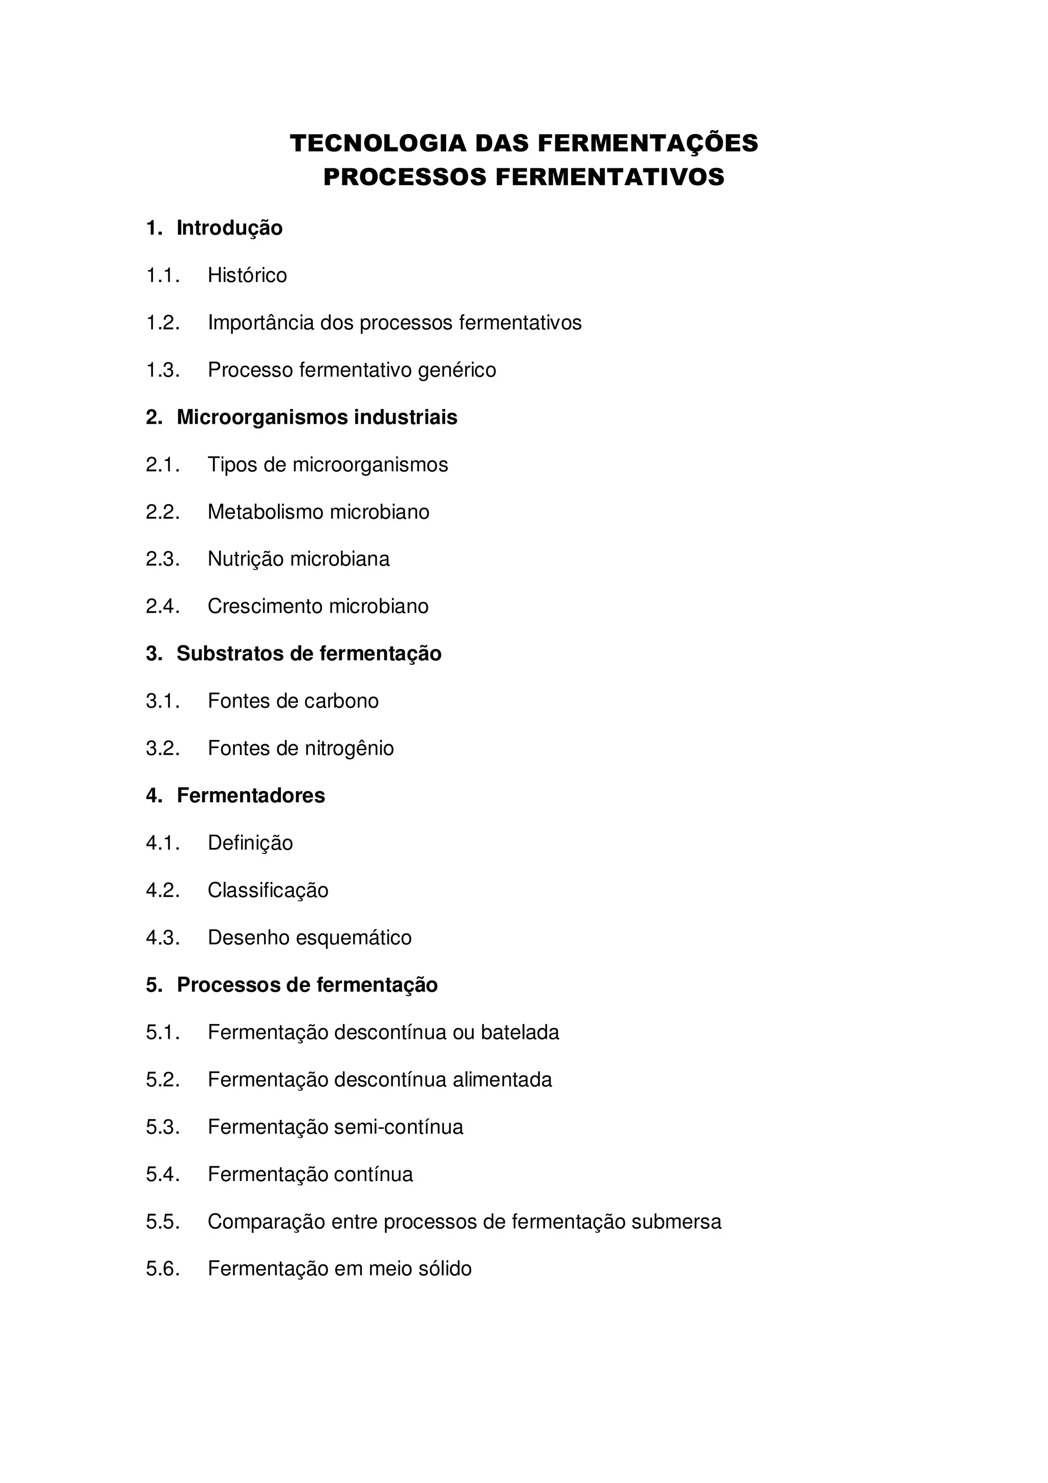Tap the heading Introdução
(x=229, y=228)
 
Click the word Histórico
(x=247, y=276)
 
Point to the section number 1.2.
(x=163, y=323)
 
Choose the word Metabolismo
(x=265, y=512)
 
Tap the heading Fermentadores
(x=251, y=796)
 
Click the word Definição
(x=250, y=843)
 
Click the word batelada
(x=520, y=1033)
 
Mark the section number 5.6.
(x=163, y=1269)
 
